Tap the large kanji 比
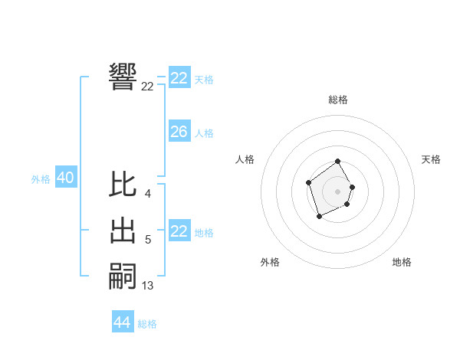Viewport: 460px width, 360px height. click(123, 185)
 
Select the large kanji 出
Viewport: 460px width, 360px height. click(123, 231)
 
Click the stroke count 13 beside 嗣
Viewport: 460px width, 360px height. click(148, 286)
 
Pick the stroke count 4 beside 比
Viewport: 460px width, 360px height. click(148, 194)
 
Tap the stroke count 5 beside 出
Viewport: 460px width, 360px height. click(148, 241)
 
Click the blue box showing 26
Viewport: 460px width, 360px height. click(179, 132)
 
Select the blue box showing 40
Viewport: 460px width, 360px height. click(65, 178)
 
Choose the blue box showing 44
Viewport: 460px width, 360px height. click(122, 322)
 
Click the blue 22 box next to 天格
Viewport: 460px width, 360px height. click(179, 78)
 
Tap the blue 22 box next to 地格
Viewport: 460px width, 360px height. click(179, 231)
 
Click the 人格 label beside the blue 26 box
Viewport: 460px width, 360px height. click(204, 133)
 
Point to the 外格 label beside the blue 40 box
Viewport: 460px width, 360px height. click(41, 179)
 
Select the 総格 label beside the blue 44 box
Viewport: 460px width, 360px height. click(147, 324)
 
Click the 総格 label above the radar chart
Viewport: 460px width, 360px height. click(338, 100)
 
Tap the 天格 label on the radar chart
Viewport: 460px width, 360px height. click(432, 159)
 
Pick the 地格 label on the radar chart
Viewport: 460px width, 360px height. click(402, 262)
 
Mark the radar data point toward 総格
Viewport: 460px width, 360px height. click(338, 162)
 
